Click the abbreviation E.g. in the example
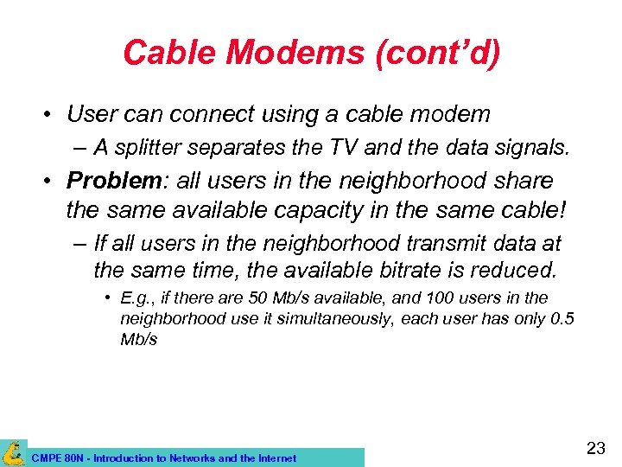[x=136, y=298]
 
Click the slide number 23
[x=595, y=448]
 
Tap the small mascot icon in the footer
[x=13, y=452]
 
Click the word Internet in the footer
[x=275, y=458]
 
